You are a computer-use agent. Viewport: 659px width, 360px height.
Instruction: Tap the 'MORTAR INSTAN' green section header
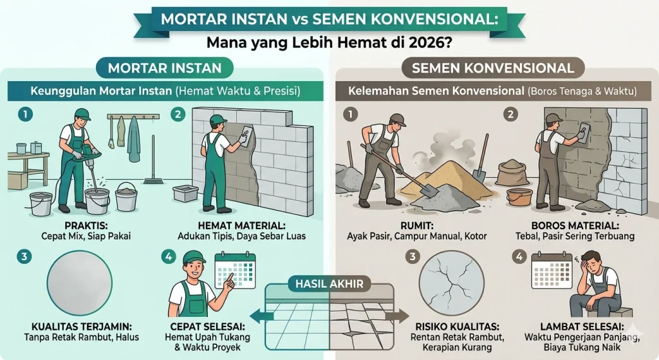[x=165, y=68]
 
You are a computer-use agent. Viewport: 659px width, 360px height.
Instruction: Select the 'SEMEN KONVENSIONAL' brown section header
[x=493, y=68]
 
